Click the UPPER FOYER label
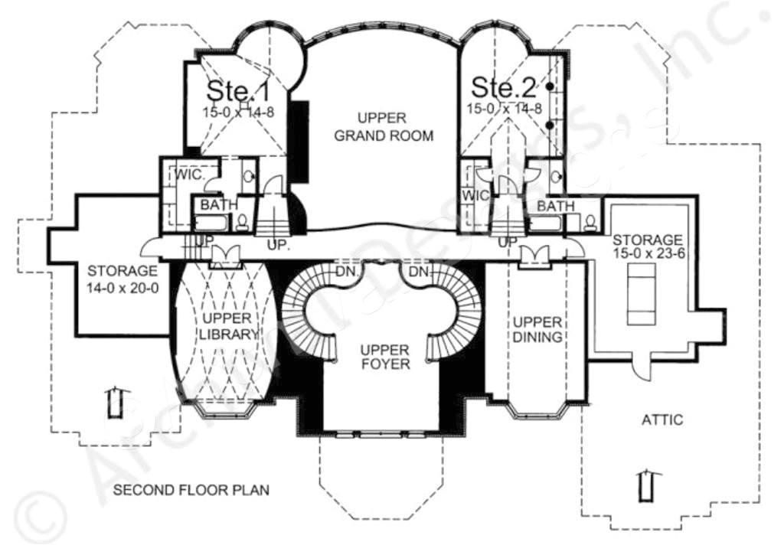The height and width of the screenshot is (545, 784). [x=385, y=356]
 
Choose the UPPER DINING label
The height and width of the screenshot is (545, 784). [x=537, y=328]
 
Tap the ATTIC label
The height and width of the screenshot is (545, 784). [x=662, y=419]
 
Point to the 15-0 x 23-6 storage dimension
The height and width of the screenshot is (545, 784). [x=648, y=253]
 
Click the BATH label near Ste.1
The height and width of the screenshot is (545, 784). [x=215, y=205]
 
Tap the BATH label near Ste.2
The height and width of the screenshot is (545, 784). [x=555, y=206]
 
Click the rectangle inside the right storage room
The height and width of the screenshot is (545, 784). [x=641, y=294]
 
